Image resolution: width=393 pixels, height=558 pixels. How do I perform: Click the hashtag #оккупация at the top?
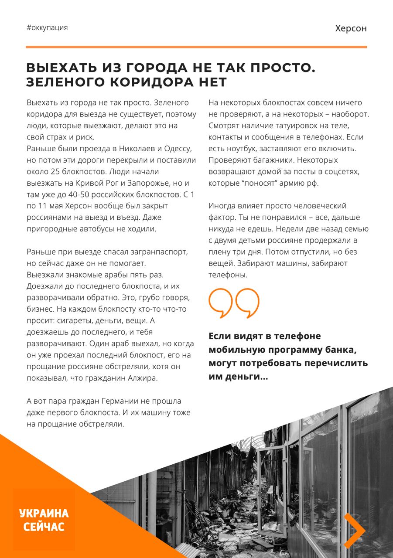point(47,27)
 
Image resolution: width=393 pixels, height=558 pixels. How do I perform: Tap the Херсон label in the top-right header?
point(351,28)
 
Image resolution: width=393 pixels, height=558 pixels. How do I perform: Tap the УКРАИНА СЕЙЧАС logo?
point(44,520)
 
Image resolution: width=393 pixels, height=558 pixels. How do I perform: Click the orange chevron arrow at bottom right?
point(354,531)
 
